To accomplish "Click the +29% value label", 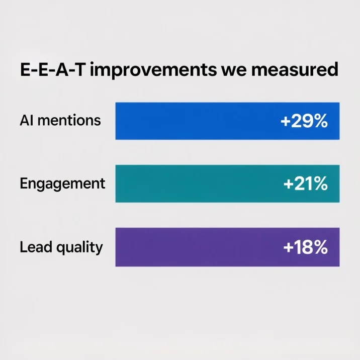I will (304, 121).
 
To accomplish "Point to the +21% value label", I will (306, 184).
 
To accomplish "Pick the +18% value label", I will (305, 247).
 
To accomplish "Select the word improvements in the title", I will (153, 70).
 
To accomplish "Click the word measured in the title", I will (296, 70).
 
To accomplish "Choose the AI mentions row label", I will (60, 121).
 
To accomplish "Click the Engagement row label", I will (62, 184).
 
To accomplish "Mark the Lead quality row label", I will (61, 247).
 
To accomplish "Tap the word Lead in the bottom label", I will (34, 247).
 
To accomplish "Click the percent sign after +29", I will (319, 121).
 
